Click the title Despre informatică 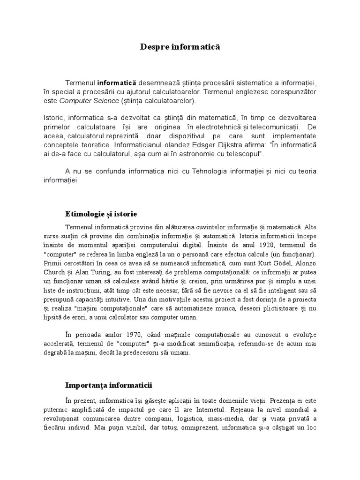pyautogui.click(x=180, y=47)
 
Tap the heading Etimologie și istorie pyautogui.click(x=101, y=214)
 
